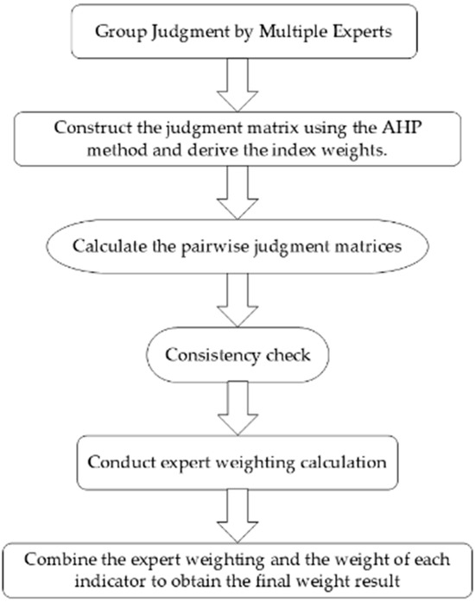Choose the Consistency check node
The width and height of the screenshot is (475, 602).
[237, 354]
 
